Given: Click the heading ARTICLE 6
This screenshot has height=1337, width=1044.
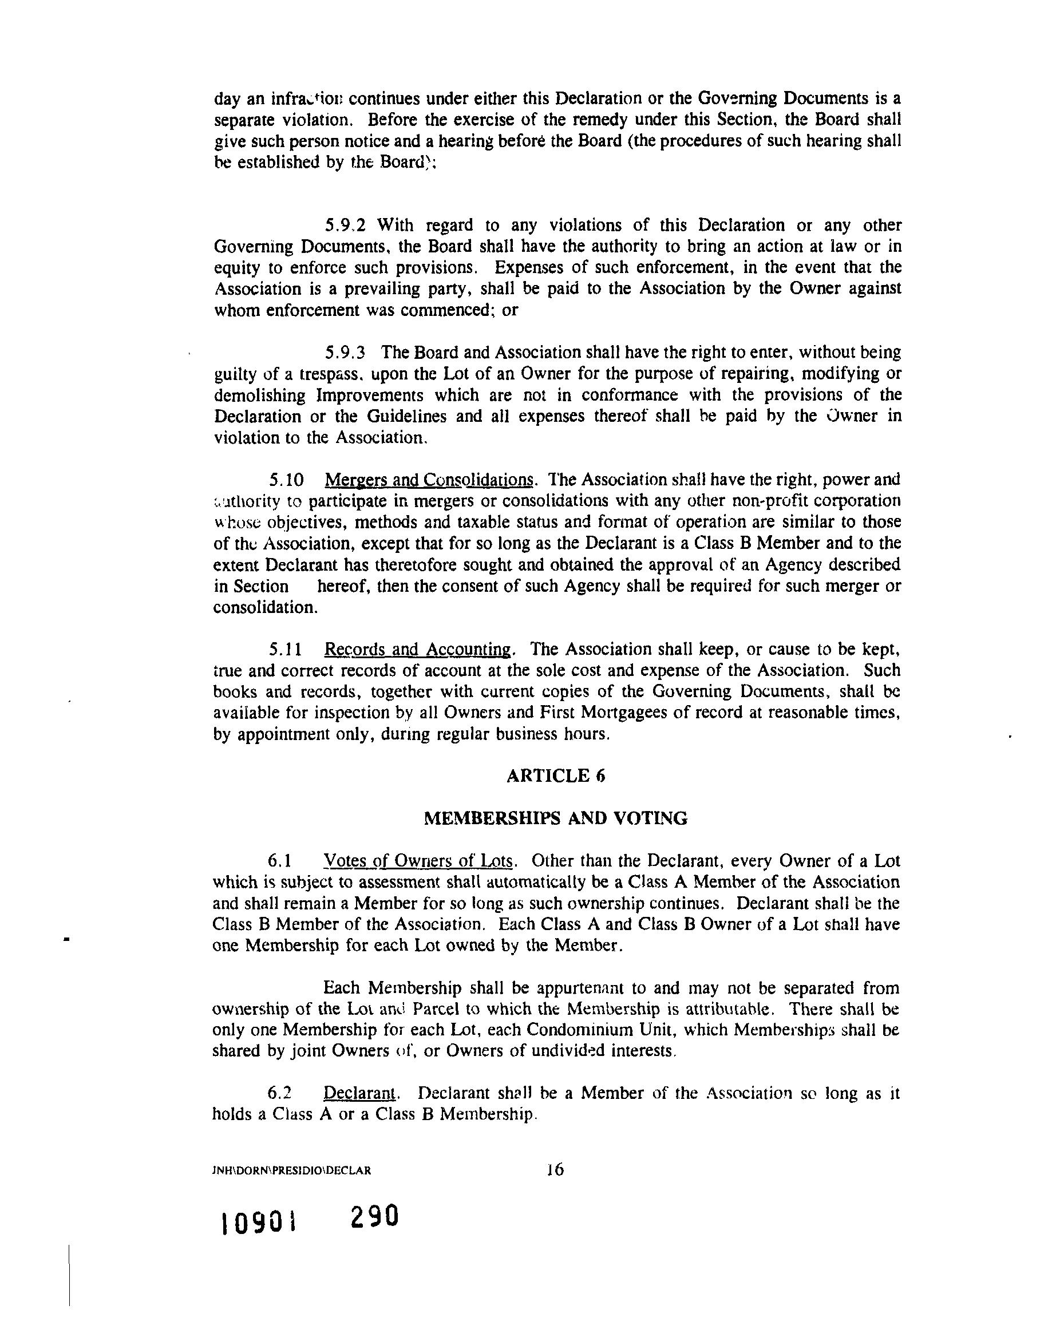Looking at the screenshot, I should pos(555,776).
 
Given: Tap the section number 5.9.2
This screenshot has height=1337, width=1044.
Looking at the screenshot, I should pos(345,226).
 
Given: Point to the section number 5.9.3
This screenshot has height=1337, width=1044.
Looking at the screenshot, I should pos(345,353).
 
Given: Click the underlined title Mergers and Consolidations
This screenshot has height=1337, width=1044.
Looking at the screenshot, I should pos(429,479).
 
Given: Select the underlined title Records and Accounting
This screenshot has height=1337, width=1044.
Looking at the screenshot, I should pos(418,649).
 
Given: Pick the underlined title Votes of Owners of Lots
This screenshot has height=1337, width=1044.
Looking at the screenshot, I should pos(418,861).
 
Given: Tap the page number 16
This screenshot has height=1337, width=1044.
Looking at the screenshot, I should pos(555,1170).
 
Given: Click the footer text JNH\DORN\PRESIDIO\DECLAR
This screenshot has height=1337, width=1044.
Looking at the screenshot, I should pos(291,1170).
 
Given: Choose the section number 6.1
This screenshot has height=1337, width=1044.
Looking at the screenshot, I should pos(279,861).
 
